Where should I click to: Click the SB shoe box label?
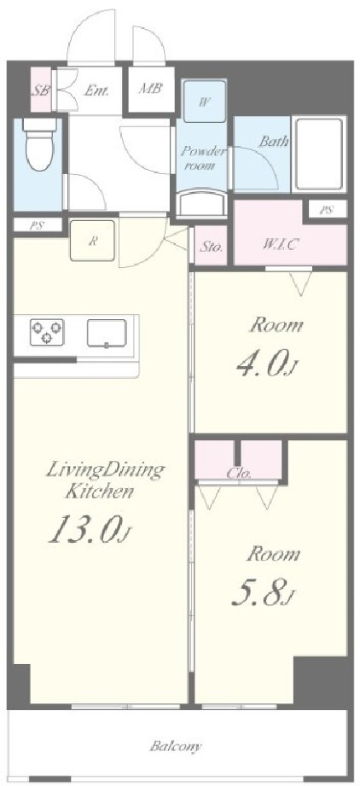[x=39, y=90]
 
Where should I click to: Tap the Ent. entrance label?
[x=96, y=89]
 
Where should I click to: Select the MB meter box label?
[x=151, y=89]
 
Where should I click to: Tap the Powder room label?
[x=202, y=160]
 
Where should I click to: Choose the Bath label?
[x=275, y=141]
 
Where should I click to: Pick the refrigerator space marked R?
[x=93, y=240]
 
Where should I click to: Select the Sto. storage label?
[x=212, y=247]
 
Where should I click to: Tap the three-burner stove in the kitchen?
[x=47, y=333]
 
